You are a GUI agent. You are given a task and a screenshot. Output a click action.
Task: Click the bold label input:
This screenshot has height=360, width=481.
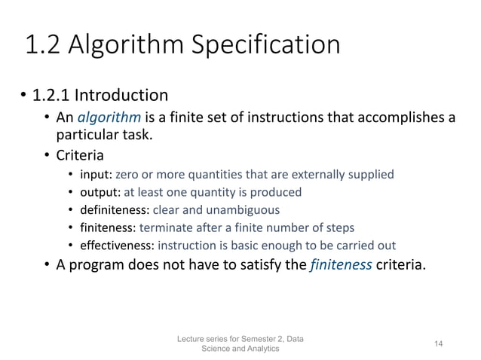(x=97, y=175)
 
